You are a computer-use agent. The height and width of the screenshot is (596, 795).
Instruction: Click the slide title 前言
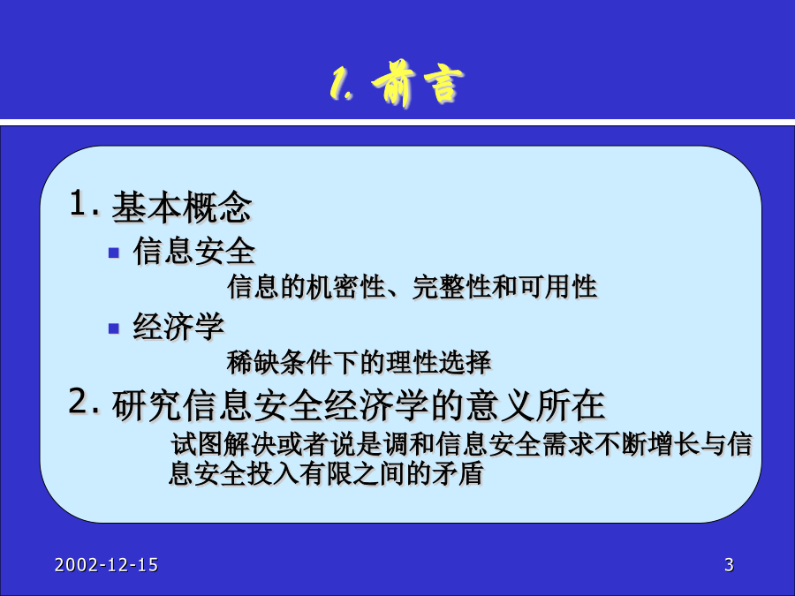coord(418,84)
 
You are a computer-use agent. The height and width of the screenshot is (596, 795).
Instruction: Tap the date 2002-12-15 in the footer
coord(107,565)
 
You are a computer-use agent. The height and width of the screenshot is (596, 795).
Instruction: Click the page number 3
coord(729,564)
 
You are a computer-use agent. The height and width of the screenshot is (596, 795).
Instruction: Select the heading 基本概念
coord(181,207)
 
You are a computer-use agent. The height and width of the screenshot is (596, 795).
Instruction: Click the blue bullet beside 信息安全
coord(114,253)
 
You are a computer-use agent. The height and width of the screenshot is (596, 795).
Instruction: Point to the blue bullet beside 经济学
coord(114,329)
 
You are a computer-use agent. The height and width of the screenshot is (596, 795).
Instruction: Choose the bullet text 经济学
coord(178,327)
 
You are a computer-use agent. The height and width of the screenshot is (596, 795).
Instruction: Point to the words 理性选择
coord(438,362)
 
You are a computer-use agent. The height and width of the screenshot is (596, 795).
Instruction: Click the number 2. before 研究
coord(84,402)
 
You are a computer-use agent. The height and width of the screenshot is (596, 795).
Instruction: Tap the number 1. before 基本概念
coord(84,203)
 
